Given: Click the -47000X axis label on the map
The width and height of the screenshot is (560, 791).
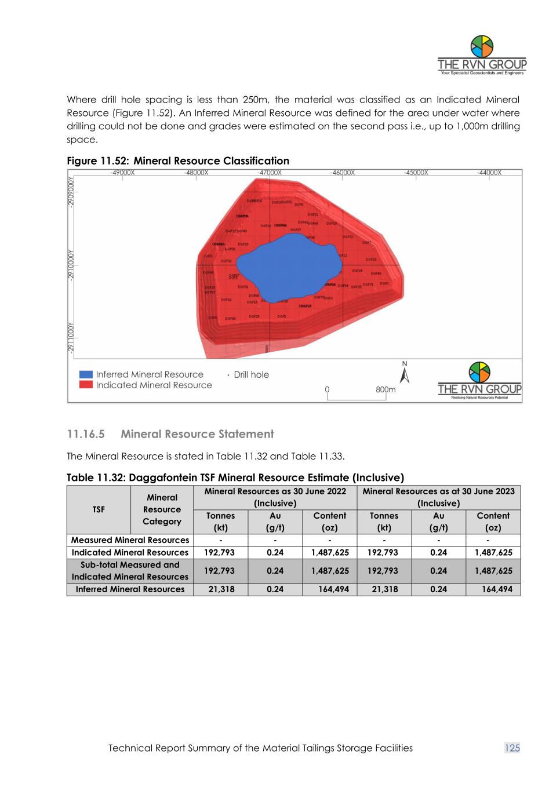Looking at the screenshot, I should tap(270, 172).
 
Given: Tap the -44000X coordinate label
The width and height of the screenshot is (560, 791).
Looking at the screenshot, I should tap(489, 172).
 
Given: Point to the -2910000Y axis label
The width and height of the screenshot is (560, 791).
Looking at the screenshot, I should tap(71, 264).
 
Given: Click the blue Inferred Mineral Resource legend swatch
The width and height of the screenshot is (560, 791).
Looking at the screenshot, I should tap(86, 374).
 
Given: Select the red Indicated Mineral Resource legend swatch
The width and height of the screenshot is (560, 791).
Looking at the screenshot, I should tap(86, 385).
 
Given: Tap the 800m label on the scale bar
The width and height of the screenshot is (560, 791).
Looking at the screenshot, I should tap(386, 389).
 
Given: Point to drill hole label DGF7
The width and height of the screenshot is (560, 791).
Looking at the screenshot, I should tap(367, 243).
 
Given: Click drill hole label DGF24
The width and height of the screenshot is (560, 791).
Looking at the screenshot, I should tap(357, 271).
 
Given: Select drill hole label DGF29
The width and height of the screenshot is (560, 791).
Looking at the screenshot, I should tap(254, 316).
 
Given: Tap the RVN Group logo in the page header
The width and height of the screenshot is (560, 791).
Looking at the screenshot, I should tap(482, 56).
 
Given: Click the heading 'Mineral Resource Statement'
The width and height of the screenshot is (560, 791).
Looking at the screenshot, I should tap(197, 434).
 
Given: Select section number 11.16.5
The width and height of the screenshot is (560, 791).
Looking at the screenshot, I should tap(86, 434).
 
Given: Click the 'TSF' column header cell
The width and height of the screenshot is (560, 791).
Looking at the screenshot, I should tap(99, 509).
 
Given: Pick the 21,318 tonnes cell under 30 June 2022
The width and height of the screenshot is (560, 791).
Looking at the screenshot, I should tap(221, 589).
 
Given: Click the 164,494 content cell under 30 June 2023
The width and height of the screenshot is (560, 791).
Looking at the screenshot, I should tap(497, 589).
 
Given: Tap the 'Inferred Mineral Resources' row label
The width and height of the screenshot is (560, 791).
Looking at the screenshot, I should tap(130, 589).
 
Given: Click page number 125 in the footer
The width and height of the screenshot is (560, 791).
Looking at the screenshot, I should tap(512, 748).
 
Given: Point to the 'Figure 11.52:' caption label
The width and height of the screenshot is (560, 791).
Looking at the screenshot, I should tap(98, 161).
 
